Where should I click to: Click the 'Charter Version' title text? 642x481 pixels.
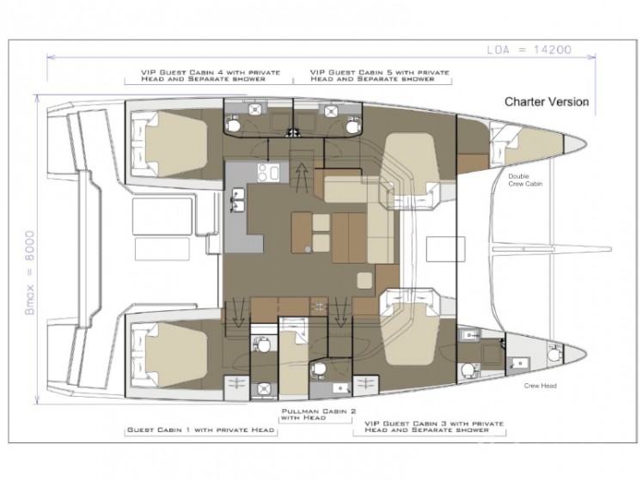(547, 101)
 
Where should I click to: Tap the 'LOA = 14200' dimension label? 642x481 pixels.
(529, 50)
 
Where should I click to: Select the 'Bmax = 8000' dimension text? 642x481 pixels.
(30, 272)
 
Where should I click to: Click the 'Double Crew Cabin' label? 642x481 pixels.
(525, 180)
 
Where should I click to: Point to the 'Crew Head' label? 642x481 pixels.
(540, 386)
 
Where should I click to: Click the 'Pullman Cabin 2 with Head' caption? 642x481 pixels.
(319, 414)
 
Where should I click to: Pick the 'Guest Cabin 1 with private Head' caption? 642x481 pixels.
(200, 429)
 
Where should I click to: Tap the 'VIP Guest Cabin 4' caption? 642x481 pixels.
(211, 76)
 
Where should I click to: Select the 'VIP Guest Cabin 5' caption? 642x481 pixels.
(380, 76)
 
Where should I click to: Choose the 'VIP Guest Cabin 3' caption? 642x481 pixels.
(434, 427)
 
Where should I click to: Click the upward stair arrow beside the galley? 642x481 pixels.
(303, 177)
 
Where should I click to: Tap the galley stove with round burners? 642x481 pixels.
(268, 172)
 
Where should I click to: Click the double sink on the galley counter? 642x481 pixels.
(238, 200)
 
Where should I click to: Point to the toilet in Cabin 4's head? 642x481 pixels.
(234, 124)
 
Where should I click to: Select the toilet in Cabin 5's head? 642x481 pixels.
(352, 125)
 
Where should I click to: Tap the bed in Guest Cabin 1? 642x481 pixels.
(176, 354)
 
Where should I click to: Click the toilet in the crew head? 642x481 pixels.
(553, 353)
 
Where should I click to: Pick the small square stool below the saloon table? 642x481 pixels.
(364, 280)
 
